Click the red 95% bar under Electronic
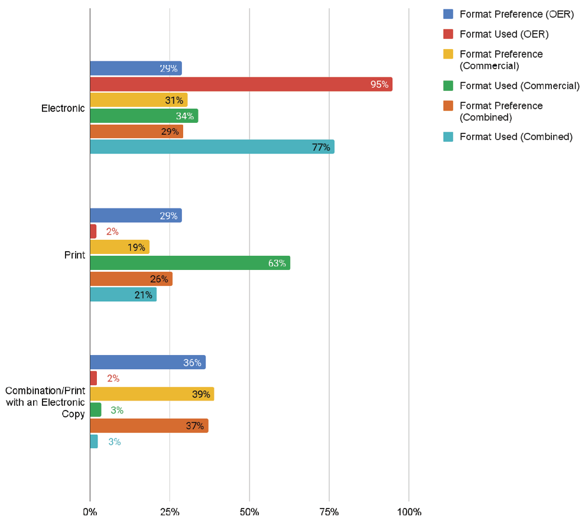tap(241, 84)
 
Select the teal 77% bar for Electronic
tap(212, 147)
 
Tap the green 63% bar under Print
tap(190, 263)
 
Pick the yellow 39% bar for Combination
tap(152, 394)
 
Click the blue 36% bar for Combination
tap(148, 363)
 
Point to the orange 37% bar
tap(149, 426)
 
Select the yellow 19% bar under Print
tap(119, 247)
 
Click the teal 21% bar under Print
tap(123, 295)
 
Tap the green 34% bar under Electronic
tap(144, 116)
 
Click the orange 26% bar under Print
tap(131, 279)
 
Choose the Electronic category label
tap(63, 108)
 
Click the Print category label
tap(74, 255)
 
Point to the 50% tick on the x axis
tap(249, 512)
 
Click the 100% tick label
tap(409, 512)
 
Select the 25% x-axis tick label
tap(170, 512)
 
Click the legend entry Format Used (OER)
tap(504, 34)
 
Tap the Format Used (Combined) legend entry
tap(516, 137)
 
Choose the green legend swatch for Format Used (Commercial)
tap(448, 86)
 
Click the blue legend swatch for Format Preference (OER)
tap(448, 14)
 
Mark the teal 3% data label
tap(114, 442)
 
